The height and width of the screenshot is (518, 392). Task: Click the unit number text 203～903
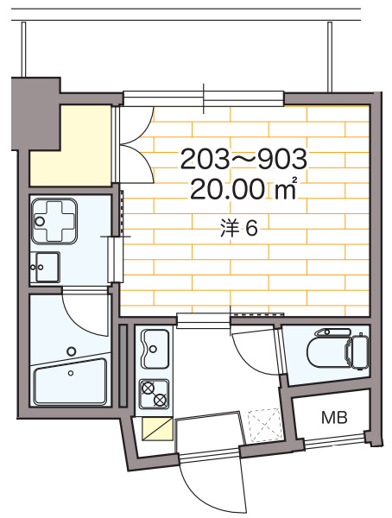pyautogui.click(x=244, y=159)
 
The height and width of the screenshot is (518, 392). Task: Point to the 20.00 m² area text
pyautogui.click(x=243, y=190)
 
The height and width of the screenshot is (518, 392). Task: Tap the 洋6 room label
pyautogui.click(x=238, y=228)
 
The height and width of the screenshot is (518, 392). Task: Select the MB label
pyautogui.click(x=334, y=418)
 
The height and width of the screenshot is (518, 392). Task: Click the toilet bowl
pyautogui.click(x=326, y=353)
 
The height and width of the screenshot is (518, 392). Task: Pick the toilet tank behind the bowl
pyautogui.click(x=359, y=352)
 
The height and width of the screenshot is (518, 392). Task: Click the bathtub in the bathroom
pyautogui.click(x=71, y=382)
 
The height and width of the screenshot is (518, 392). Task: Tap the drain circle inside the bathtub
pyautogui.click(x=71, y=373)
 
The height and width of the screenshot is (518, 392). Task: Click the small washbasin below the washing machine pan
pyautogui.click(x=45, y=267)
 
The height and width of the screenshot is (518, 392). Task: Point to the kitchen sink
pyautogui.click(x=155, y=349)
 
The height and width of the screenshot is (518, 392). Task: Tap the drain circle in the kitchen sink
pyautogui.click(x=153, y=349)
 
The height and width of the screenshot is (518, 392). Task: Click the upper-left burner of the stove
pyautogui.click(x=148, y=388)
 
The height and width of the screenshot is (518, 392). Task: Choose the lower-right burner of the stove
pyautogui.click(x=161, y=400)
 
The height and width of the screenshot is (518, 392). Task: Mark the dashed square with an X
pyautogui.click(x=264, y=426)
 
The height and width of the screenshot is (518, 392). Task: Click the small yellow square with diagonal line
pyautogui.click(x=157, y=429)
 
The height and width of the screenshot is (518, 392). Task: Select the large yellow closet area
pyautogui.click(x=71, y=146)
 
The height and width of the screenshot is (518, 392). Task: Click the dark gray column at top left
pyautogui.click(x=35, y=113)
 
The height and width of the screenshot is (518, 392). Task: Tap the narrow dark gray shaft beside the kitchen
pyautogui.click(x=123, y=366)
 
